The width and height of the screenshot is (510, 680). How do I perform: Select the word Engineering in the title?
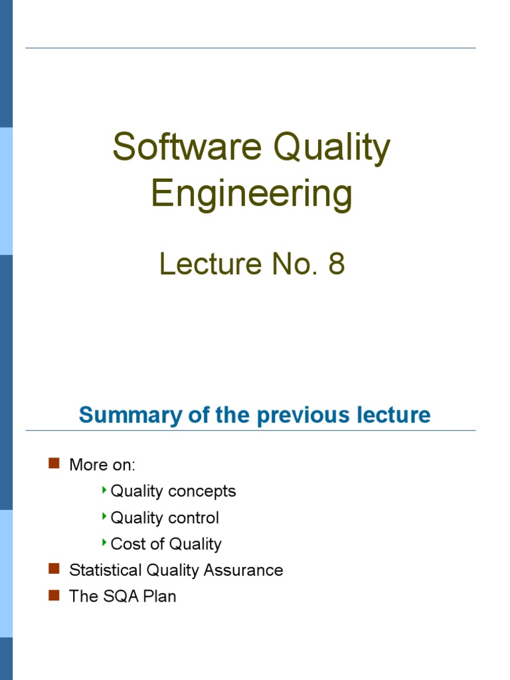click(252, 194)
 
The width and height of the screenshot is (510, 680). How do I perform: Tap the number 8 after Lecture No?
click(337, 264)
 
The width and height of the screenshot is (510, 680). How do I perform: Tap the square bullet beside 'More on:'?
click(54, 463)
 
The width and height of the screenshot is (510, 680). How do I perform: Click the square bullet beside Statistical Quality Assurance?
click(54, 568)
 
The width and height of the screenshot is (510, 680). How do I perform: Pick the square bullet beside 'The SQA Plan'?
click(54, 595)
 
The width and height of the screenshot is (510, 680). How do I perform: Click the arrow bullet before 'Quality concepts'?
click(104, 490)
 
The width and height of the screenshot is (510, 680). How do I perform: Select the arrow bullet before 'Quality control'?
click(104, 516)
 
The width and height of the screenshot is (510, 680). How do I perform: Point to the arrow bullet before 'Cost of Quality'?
click(104, 543)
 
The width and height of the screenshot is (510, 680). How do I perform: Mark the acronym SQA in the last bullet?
click(120, 596)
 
